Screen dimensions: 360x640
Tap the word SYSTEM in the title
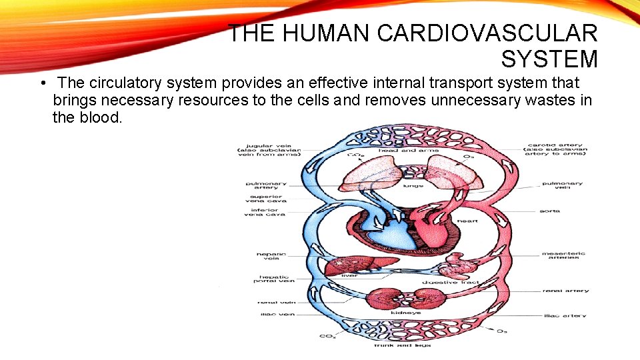(x=549, y=59)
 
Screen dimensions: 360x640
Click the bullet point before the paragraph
(x=41, y=84)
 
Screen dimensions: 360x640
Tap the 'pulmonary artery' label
(x=266, y=186)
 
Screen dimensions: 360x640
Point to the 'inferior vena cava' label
(x=267, y=211)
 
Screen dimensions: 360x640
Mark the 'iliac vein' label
(x=272, y=314)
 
